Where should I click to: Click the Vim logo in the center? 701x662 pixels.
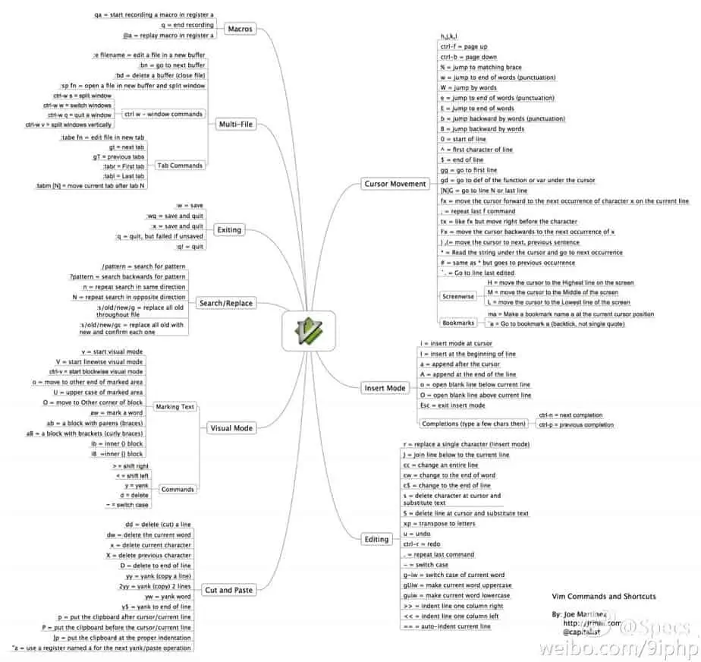pyautogui.click(x=309, y=330)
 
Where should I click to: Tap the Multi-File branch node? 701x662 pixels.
pyautogui.click(x=235, y=124)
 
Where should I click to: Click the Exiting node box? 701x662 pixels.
pyautogui.click(x=228, y=229)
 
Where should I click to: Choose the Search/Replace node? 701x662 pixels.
pyautogui.click(x=225, y=303)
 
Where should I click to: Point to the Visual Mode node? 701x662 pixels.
pyautogui.click(x=231, y=428)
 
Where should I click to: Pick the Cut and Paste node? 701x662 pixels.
pyautogui.click(x=228, y=589)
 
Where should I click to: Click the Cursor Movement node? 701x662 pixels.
pyautogui.click(x=395, y=184)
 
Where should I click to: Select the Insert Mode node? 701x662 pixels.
pyautogui.click(x=385, y=388)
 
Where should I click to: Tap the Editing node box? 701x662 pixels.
pyautogui.click(x=377, y=539)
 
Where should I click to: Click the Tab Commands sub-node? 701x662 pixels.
pyautogui.click(x=180, y=165)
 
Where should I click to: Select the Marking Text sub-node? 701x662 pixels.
pyautogui.click(x=174, y=407)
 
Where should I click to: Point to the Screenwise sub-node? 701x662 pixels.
pyautogui.click(x=459, y=297)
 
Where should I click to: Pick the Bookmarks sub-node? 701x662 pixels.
pyautogui.click(x=458, y=323)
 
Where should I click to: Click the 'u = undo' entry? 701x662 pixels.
pyautogui.click(x=416, y=534)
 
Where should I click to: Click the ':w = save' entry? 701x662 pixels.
pyautogui.click(x=189, y=205)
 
